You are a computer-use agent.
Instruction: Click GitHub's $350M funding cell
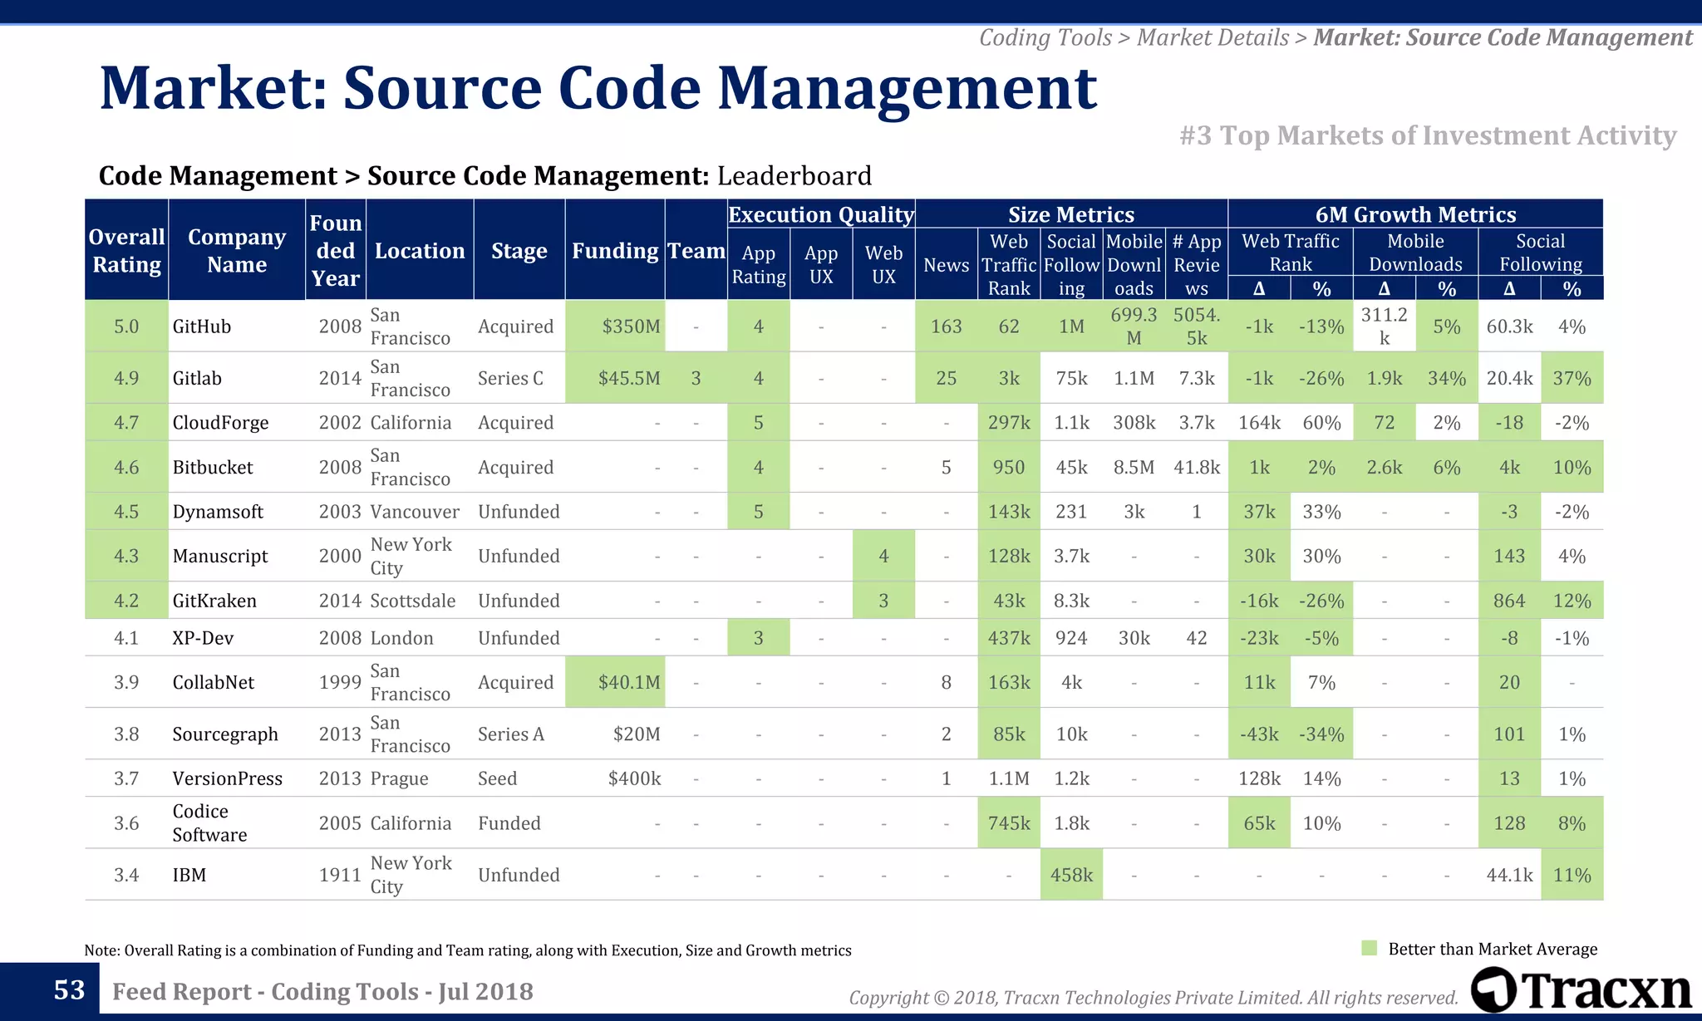(630, 326)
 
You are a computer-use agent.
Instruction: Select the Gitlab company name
(197, 378)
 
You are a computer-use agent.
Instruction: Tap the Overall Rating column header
(126, 250)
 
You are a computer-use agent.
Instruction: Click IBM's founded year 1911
(340, 875)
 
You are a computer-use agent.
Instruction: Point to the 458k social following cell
(1071, 875)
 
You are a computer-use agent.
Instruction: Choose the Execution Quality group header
(821, 214)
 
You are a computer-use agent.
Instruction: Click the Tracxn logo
(1581, 990)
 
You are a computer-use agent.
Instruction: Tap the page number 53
(69, 989)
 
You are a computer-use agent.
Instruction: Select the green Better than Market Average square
(1370, 949)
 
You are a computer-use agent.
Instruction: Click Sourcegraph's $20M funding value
(637, 734)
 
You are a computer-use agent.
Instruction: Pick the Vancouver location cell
(414, 512)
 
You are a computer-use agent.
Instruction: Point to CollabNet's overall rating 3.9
(126, 682)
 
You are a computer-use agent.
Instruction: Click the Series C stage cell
(510, 378)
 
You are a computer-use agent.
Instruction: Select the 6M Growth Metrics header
(1415, 214)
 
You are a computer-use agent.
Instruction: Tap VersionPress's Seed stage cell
(497, 778)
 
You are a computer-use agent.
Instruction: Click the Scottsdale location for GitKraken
(412, 601)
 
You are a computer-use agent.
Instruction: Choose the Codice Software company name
(209, 822)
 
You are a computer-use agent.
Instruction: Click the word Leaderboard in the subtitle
(794, 176)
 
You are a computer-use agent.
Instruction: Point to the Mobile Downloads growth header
(1415, 253)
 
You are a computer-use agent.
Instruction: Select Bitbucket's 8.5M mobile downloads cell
(1134, 467)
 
